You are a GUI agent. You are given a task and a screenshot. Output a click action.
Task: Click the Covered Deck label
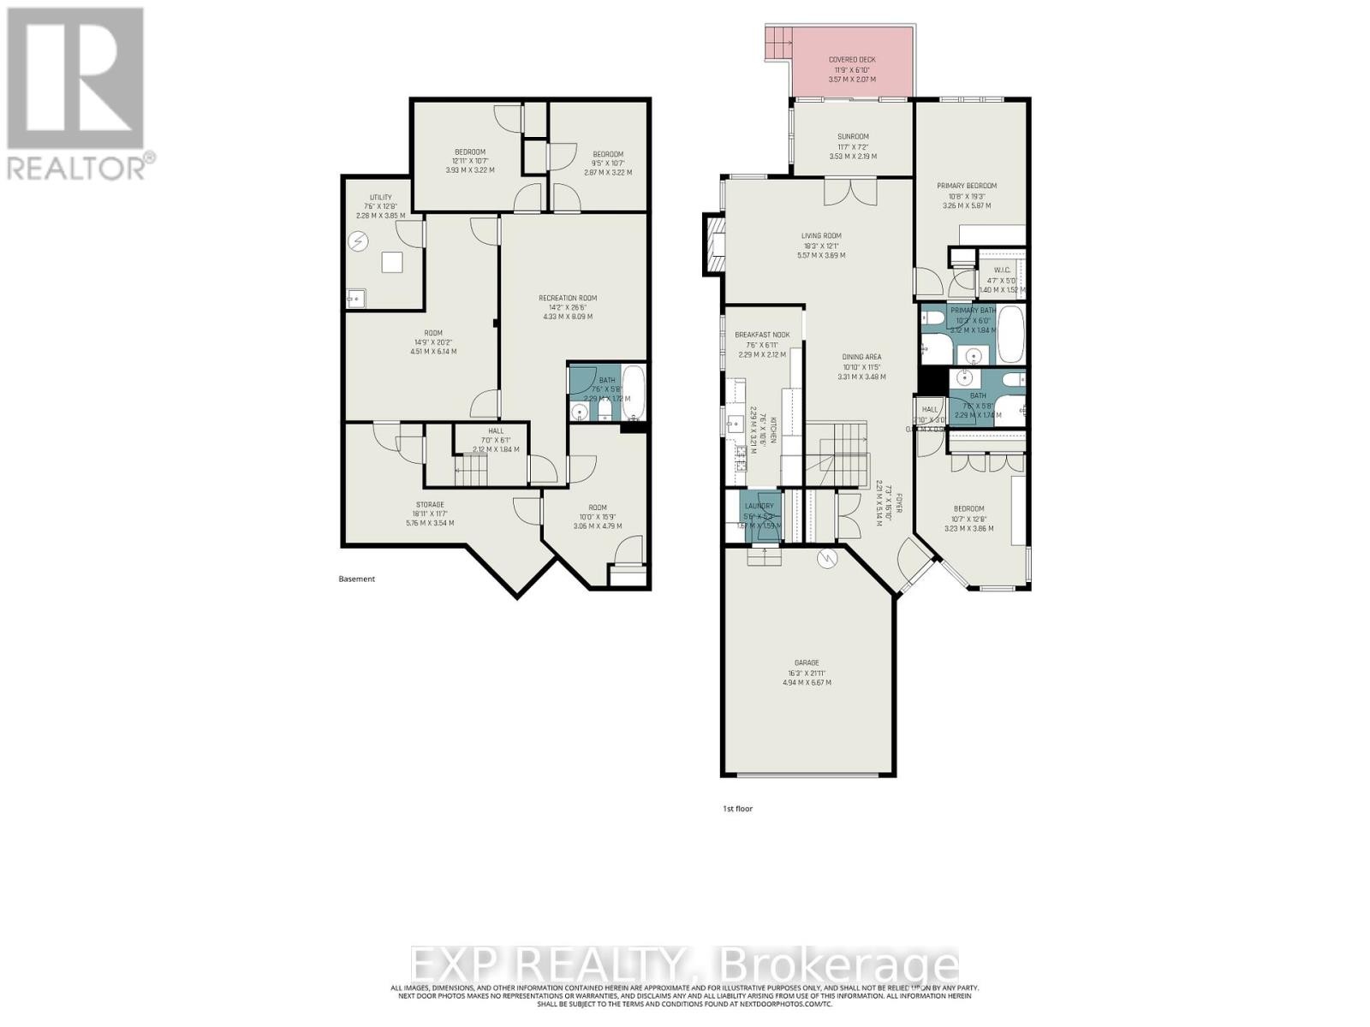[852, 60]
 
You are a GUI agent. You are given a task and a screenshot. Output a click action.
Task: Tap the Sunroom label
[853, 137]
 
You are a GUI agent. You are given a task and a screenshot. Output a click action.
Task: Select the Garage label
[807, 662]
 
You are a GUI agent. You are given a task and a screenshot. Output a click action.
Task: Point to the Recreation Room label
[568, 298]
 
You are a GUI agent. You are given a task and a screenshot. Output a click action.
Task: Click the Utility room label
[380, 198]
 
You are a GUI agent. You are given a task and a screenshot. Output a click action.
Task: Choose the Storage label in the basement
[430, 504]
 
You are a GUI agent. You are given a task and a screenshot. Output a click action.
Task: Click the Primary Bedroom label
[967, 186]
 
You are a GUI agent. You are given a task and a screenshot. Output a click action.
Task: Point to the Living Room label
[821, 236]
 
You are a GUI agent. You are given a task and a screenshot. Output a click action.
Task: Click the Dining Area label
[861, 357]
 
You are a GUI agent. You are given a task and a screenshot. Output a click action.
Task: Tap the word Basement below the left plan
[357, 579]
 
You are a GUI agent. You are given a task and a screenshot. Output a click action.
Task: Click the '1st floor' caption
[738, 808]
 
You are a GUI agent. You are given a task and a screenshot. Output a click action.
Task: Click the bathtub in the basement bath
[634, 393]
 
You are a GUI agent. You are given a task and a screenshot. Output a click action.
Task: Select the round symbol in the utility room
[358, 242]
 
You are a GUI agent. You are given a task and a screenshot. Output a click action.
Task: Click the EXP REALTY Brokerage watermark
[685, 965]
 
